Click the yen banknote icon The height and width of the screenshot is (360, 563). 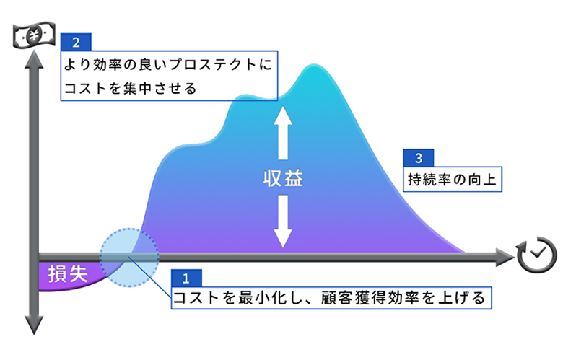point(34,35)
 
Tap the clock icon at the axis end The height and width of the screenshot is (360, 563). point(537,255)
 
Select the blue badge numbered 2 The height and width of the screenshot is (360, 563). point(76,43)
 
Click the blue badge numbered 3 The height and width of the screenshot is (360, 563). point(419,158)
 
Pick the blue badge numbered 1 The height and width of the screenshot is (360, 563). point(186,278)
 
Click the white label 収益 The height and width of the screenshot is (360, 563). point(283,178)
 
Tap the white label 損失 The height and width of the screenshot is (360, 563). point(69,274)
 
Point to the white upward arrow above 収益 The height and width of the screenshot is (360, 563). point(283,133)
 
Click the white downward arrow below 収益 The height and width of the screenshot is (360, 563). point(283,221)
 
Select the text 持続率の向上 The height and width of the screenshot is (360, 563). point(452,179)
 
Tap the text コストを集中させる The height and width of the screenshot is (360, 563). point(131,88)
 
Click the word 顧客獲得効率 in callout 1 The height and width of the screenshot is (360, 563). point(370,297)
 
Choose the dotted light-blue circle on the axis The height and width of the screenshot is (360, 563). point(129,258)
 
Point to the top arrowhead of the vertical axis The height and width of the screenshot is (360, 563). point(34,59)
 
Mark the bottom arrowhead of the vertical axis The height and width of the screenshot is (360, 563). point(34,325)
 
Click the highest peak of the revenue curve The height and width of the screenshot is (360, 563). point(314,65)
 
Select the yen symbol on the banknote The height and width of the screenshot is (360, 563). point(35,35)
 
